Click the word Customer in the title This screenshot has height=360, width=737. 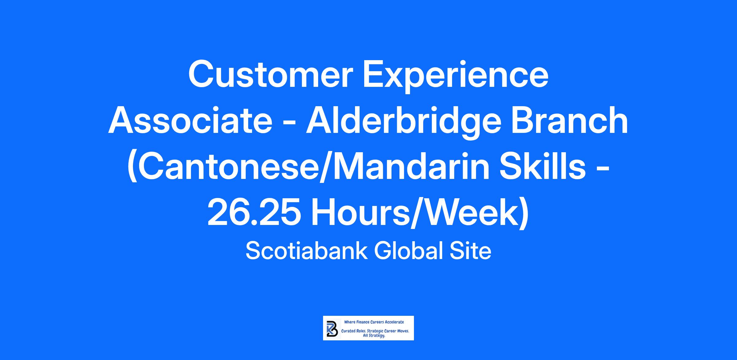coord(269,75)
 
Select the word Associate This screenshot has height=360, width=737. coord(190,122)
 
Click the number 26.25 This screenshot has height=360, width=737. coord(254,213)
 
